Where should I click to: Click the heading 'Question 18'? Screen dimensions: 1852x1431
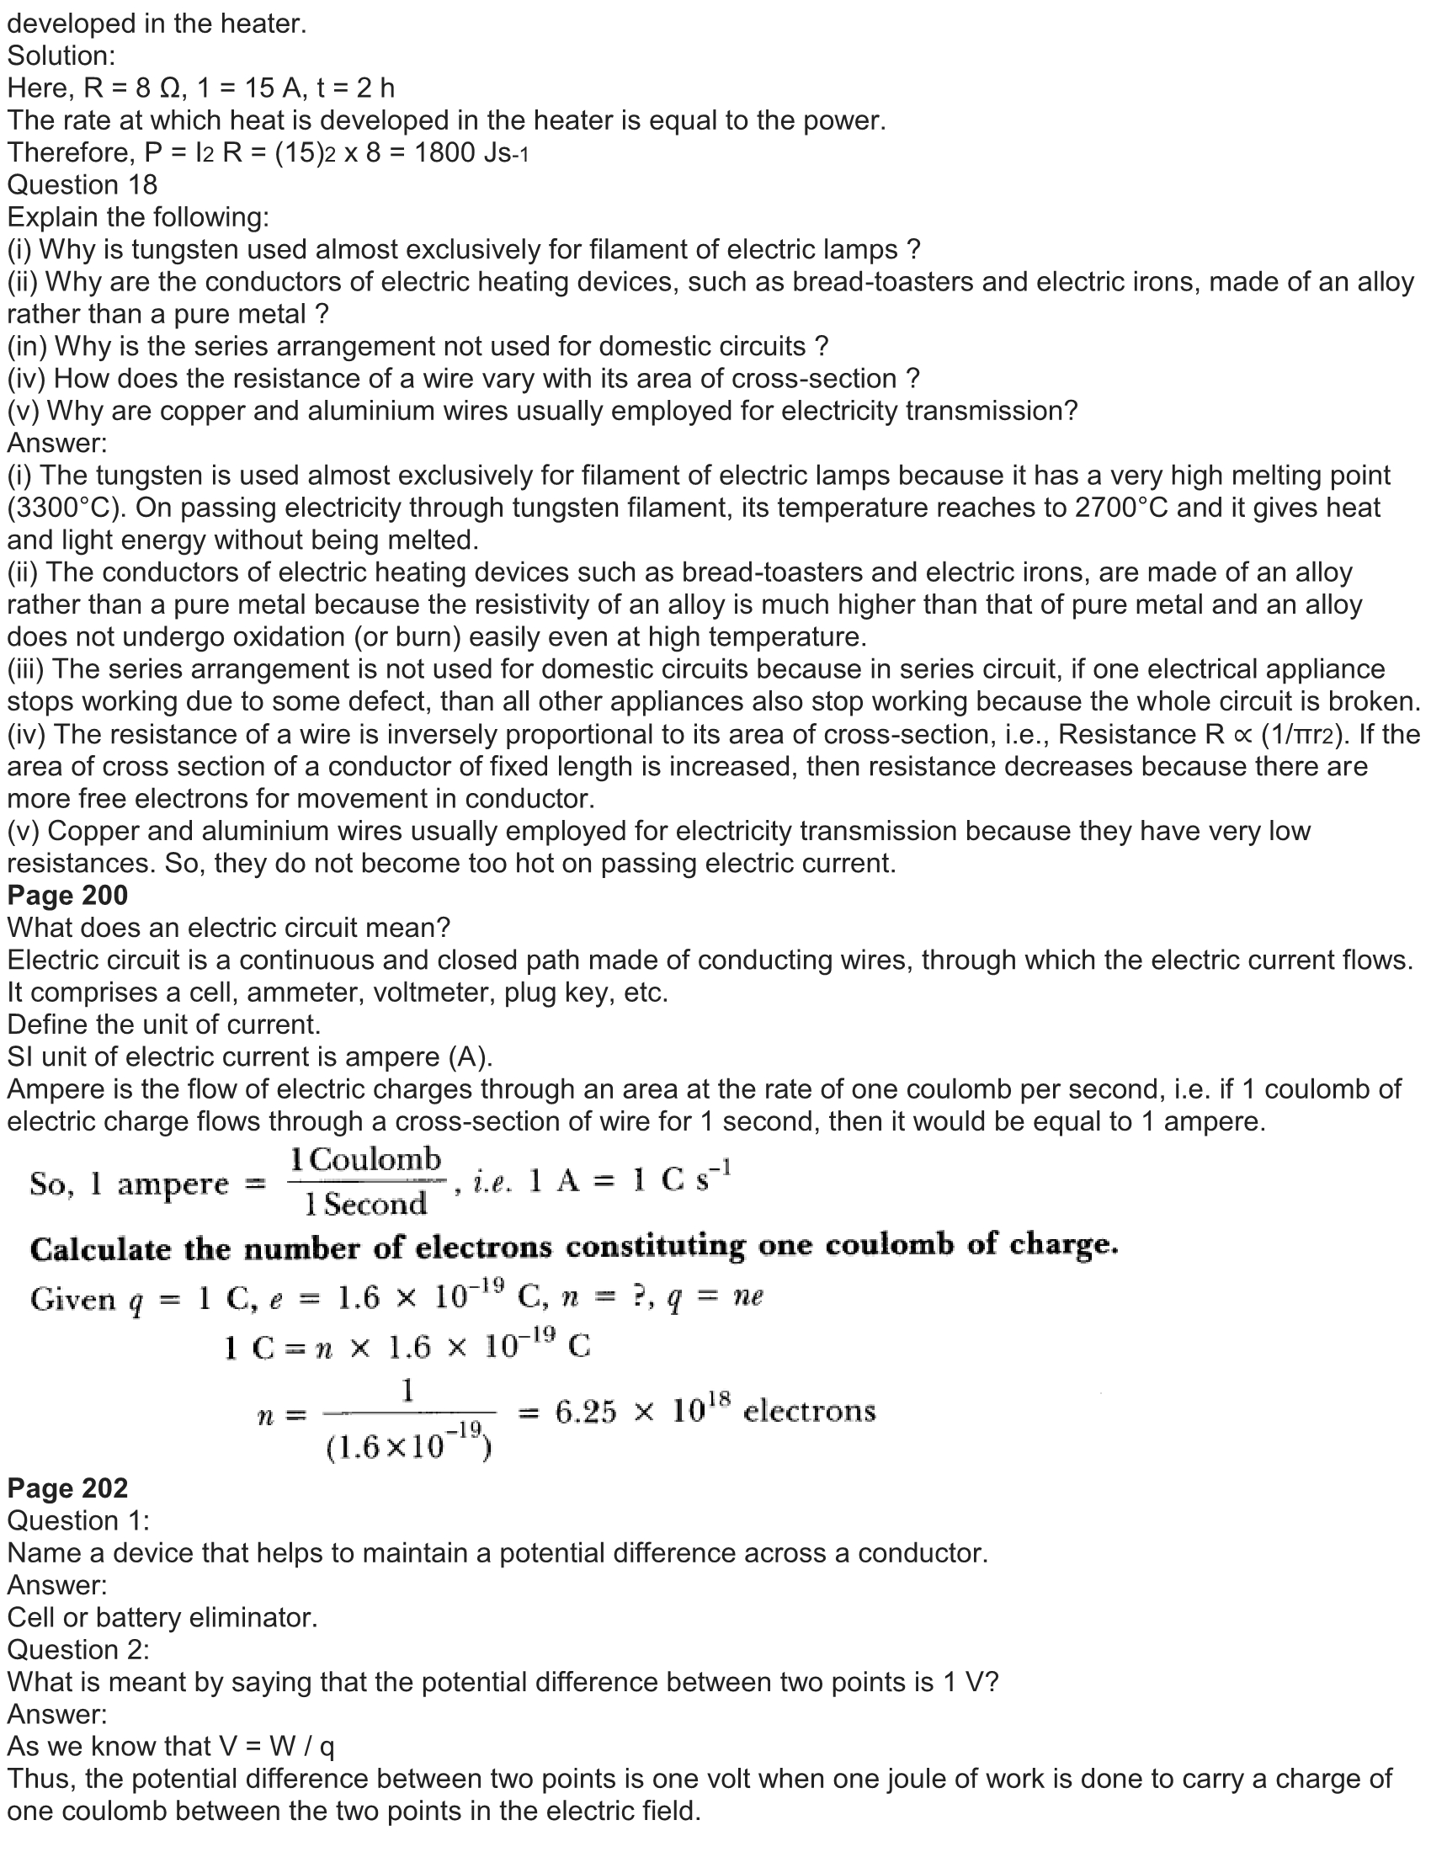82,185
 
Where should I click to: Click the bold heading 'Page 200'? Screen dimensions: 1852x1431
68,896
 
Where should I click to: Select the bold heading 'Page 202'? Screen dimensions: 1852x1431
68,1488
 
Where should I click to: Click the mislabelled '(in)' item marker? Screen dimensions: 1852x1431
26,346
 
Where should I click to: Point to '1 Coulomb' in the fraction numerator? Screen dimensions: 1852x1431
365,1160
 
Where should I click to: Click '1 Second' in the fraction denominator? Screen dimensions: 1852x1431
365,1204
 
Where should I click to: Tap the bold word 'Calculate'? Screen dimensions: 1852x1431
102,1248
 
